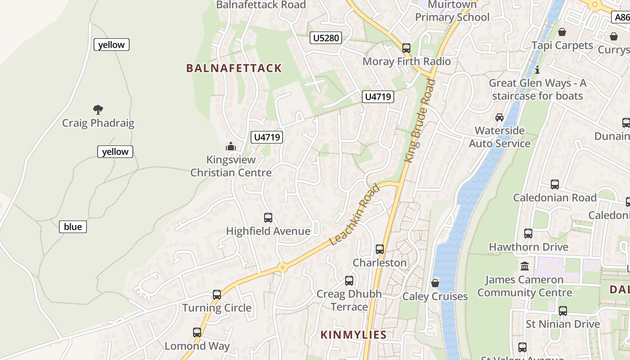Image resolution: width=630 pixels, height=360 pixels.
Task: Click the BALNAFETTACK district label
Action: coord(234,68)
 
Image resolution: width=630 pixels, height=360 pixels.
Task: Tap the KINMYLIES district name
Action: coord(353,335)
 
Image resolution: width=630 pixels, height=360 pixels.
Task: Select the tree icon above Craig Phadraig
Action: coord(98,109)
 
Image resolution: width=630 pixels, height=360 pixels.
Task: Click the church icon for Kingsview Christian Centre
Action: coord(231,146)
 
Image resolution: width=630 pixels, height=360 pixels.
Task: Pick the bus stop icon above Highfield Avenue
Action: coord(268,218)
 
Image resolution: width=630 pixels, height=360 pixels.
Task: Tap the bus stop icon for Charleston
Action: coord(380,249)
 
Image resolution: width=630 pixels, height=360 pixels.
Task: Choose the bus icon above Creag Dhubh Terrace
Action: coord(349,281)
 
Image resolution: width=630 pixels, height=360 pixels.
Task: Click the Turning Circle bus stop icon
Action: coord(217,295)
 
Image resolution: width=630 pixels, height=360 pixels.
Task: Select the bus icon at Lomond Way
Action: coord(197,333)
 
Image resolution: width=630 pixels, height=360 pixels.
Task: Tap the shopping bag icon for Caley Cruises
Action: coord(435,283)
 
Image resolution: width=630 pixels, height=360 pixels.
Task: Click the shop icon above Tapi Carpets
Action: coord(562,32)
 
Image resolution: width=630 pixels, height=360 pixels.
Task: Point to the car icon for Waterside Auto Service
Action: coord(499,117)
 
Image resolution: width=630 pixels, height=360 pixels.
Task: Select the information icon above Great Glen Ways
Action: coord(537,70)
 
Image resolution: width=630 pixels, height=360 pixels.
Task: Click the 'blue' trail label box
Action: coord(73,227)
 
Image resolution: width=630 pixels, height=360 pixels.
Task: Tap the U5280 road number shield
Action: coord(326,38)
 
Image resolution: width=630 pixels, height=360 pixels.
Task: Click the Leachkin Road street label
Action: coord(355,215)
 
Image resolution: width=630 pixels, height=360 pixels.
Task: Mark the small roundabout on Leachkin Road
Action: coord(283,267)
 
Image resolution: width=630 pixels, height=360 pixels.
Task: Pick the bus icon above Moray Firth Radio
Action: coord(406,48)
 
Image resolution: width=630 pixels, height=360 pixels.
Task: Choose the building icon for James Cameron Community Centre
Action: coord(525,266)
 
